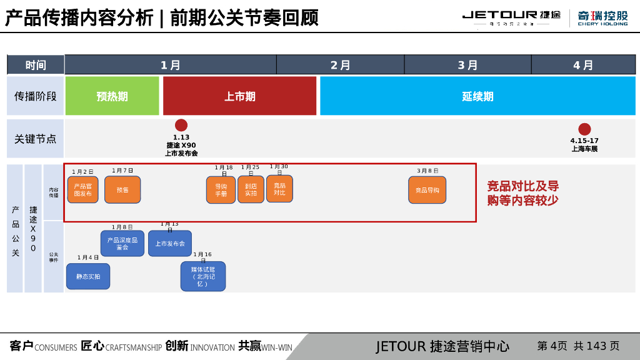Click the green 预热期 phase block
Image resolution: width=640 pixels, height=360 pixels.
tap(112, 96)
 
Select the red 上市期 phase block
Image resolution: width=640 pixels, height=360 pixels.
tap(239, 96)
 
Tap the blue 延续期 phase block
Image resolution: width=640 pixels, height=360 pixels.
tap(477, 96)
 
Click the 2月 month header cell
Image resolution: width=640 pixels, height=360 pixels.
tap(340, 65)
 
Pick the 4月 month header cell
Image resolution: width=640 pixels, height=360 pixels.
tap(583, 65)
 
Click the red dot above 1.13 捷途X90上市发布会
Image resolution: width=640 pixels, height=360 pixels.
tap(181, 125)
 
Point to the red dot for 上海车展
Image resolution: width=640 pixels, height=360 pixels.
tap(584, 129)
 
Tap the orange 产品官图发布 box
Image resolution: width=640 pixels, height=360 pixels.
tap(83, 189)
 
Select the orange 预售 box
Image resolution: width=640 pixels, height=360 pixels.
tap(122, 189)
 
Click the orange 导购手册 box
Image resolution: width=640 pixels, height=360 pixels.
tap(221, 190)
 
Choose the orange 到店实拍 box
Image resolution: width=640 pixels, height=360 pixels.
tap(251, 189)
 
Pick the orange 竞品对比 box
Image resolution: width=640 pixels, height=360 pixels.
tap(279, 189)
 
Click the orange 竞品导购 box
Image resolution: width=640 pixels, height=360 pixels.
tap(427, 190)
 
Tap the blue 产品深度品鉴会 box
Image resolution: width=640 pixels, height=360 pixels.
tap(122, 244)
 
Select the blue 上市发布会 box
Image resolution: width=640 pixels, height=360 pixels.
tap(170, 244)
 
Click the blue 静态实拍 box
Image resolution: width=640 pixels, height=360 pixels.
tap(88, 276)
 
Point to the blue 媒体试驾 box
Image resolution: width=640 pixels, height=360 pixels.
tap(203, 276)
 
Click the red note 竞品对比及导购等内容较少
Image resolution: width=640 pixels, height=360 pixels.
tap(523, 193)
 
